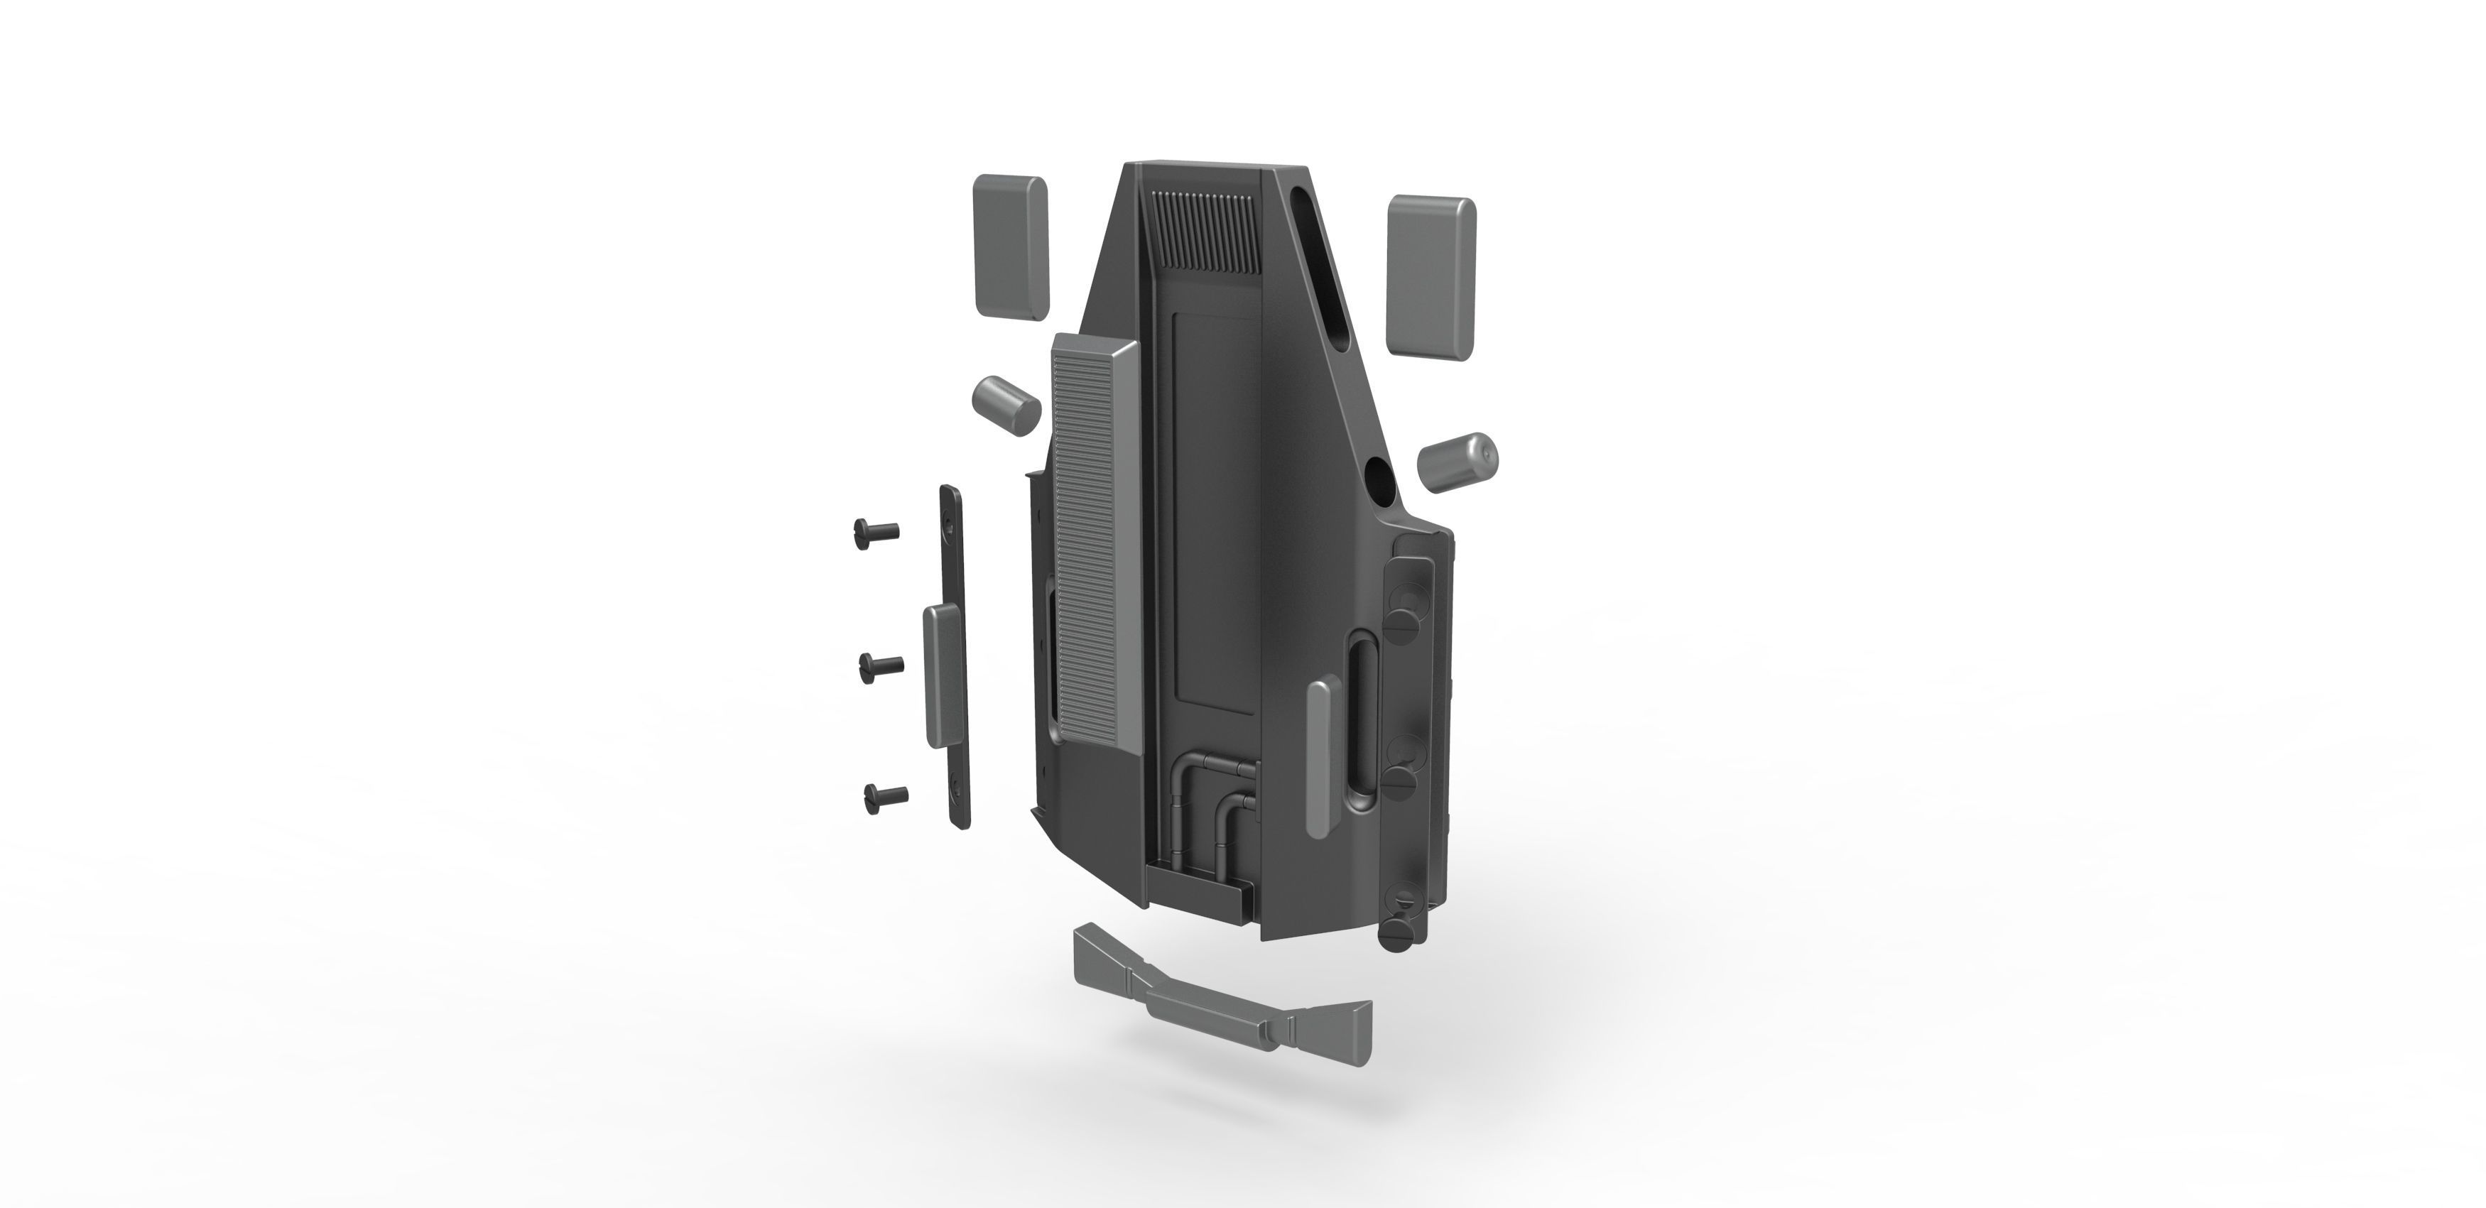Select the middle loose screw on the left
(880, 665)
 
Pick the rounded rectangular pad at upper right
(1431, 276)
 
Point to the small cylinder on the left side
(1004, 406)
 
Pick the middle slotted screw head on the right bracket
(1404, 780)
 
